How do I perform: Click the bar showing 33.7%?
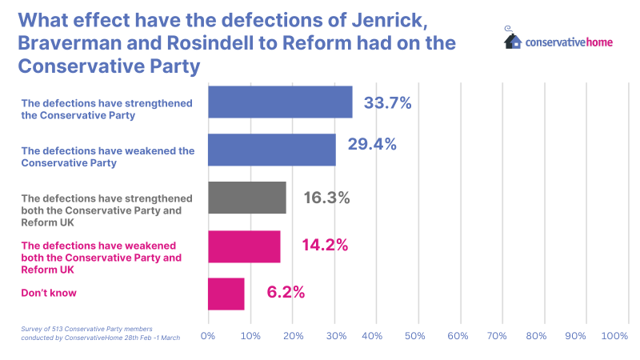[280, 102]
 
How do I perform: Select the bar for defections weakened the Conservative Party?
[272, 150]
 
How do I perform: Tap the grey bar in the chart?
[247, 198]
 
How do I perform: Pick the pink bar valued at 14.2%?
[244, 246]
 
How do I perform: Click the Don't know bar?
[226, 294]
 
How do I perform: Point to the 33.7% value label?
[387, 102]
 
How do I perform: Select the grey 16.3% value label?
[326, 198]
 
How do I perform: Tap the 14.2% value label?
[324, 245]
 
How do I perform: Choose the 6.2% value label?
[286, 292]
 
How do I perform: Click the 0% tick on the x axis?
[208, 337]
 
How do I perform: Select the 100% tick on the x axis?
[614, 337]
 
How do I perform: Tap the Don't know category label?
[49, 294]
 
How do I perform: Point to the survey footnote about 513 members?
[100, 334]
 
